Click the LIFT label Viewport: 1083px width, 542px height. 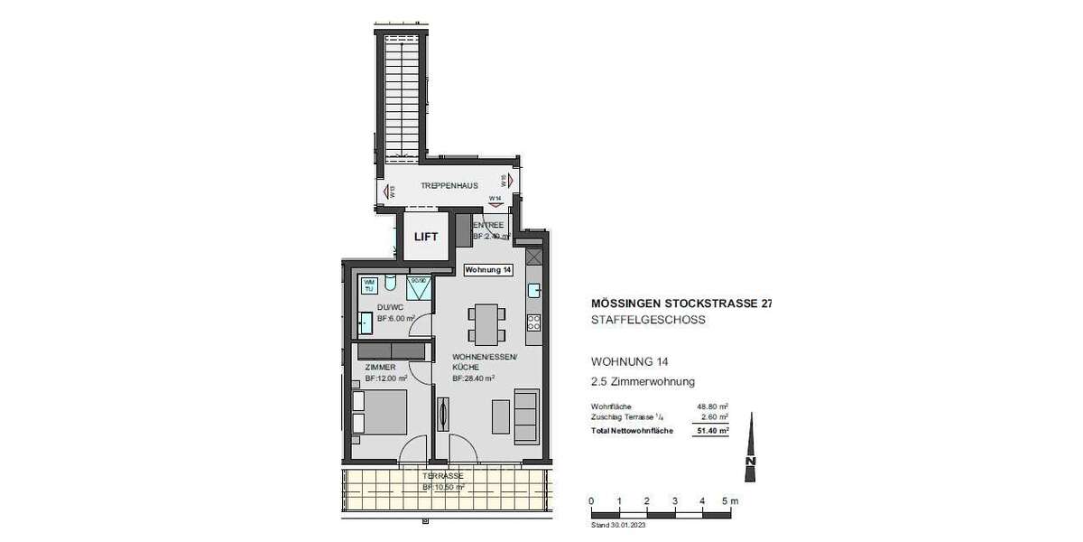pyautogui.click(x=425, y=238)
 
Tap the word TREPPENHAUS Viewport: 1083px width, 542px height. pyautogui.click(x=449, y=185)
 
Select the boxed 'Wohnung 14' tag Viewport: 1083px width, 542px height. pyautogui.click(x=488, y=269)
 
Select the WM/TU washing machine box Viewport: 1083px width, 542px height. pyautogui.click(x=368, y=285)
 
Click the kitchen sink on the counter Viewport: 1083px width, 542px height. pyautogui.click(x=533, y=290)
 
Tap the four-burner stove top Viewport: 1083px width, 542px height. pyautogui.click(x=532, y=321)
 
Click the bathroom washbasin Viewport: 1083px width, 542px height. pyautogui.click(x=365, y=323)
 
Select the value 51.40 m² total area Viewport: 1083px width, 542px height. pyautogui.click(x=712, y=431)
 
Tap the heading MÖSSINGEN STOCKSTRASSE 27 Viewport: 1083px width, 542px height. pyautogui.click(x=680, y=304)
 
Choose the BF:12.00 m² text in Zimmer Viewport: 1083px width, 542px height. pyautogui.click(x=386, y=378)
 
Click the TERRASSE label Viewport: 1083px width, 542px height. pyautogui.click(x=443, y=475)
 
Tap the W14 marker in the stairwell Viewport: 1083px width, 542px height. pyautogui.click(x=495, y=198)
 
